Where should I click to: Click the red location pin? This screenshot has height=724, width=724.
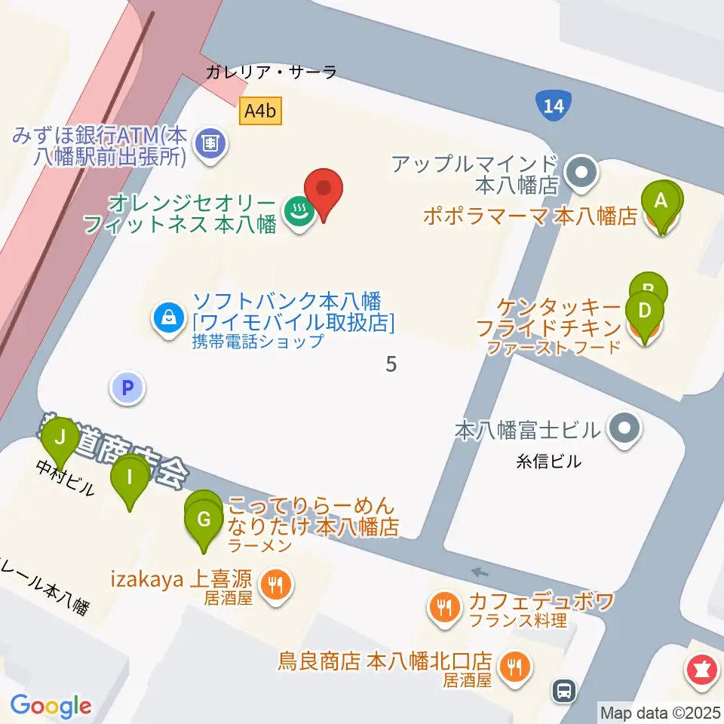coord(324,190)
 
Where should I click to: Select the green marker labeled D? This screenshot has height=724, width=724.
coord(644,312)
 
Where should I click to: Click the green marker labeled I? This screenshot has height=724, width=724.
coord(130,478)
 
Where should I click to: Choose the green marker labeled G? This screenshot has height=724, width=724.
coord(204,520)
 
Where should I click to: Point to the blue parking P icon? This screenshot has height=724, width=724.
coord(127,388)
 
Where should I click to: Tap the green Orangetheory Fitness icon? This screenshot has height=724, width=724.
coord(298,213)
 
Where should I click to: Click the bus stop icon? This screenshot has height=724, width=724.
coord(564,689)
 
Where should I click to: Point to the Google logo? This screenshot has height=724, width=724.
coord(51,706)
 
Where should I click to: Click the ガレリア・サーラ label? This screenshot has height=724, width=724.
coord(271,72)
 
